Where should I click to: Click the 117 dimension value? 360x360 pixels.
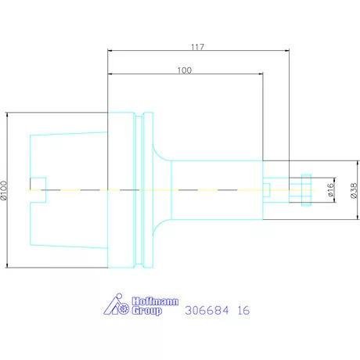coord(197,47)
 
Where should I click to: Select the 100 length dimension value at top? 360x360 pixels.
coord(185,70)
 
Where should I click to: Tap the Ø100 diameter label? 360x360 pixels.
coord(4,190)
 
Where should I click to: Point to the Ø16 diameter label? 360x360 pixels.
coord(330,189)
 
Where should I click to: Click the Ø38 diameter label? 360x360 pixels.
coord(354,190)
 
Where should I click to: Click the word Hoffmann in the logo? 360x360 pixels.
coord(155,301)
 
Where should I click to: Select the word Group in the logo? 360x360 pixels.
coord(146,311)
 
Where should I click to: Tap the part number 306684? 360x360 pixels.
coord(207,311)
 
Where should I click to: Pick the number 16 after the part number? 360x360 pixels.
coord(243,311)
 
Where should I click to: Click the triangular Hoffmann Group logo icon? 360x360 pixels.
coord(116,304)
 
